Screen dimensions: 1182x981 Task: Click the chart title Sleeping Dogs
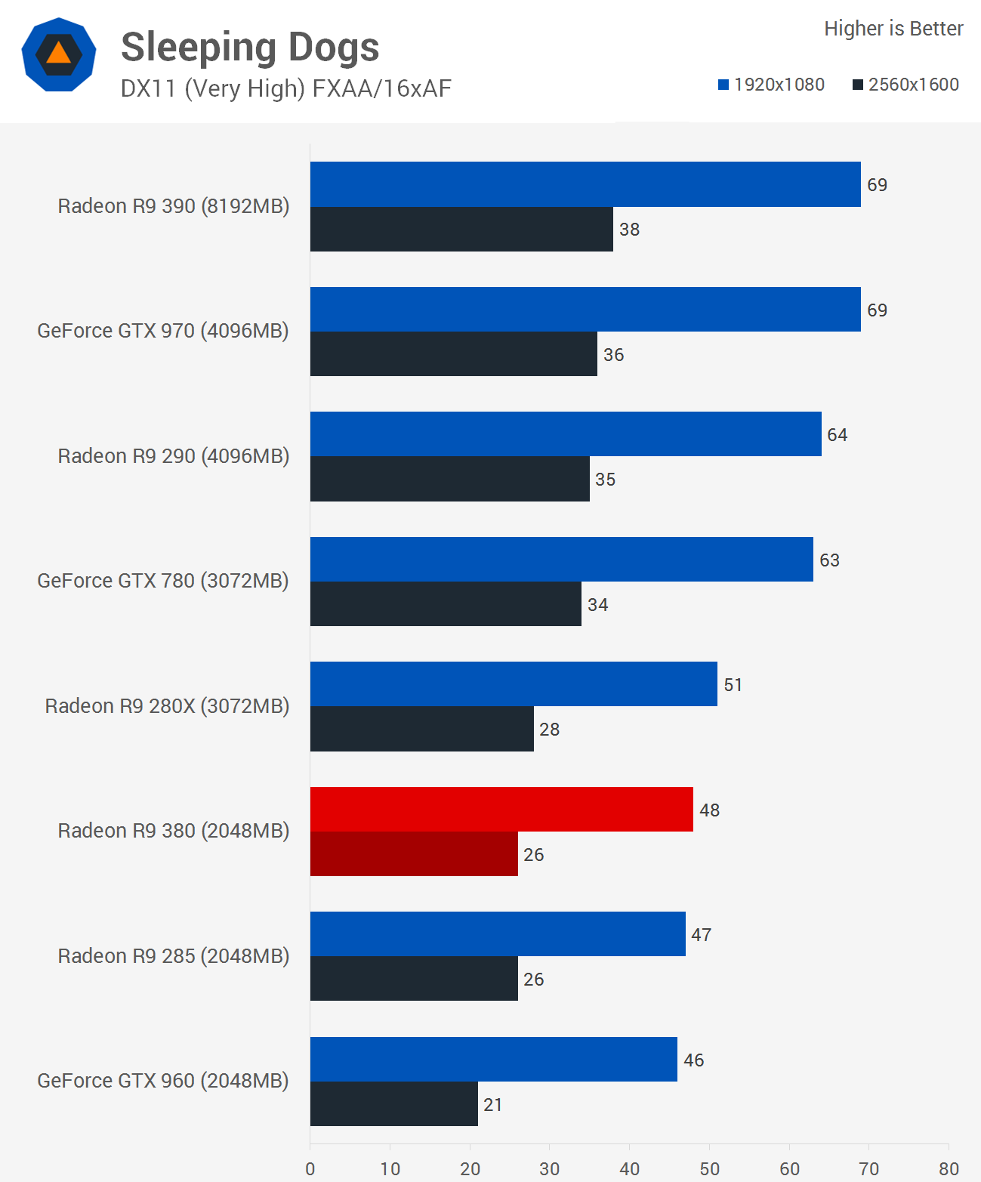250,48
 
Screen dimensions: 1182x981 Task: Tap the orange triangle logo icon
59,54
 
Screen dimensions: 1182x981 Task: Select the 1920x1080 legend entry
771,85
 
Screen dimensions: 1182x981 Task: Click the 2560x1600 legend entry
905,85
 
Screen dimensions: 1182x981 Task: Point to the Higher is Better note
893,29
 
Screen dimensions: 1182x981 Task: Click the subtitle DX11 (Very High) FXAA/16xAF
285,89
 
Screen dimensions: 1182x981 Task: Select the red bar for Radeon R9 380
501,809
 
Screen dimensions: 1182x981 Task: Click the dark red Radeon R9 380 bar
414,854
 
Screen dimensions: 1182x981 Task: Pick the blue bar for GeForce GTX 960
493,1059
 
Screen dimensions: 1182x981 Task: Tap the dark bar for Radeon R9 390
461,230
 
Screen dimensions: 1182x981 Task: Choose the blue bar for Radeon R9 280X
514,684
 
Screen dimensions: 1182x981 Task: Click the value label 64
837,435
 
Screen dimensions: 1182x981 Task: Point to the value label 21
493,1105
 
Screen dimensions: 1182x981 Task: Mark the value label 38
629,230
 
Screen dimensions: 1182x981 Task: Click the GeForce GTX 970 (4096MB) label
163,331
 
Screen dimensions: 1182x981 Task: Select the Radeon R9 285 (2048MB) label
174,956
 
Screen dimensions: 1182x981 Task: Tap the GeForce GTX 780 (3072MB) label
163,581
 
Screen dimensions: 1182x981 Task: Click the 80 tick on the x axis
949,1169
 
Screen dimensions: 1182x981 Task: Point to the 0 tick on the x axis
310,1169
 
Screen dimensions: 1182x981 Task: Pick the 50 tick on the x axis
709,1169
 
